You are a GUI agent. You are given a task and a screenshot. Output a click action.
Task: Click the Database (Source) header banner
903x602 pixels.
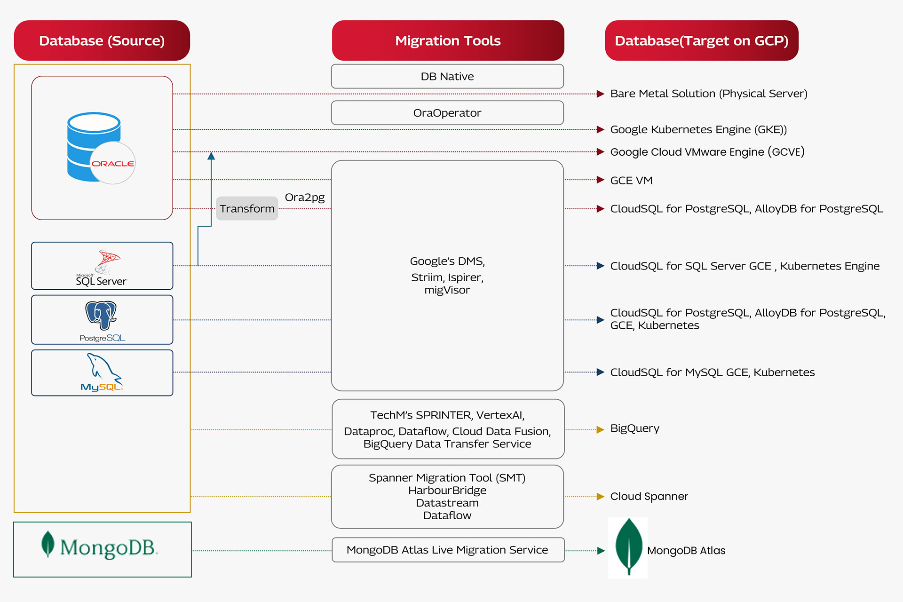pyautogui.click(x=102, y=40)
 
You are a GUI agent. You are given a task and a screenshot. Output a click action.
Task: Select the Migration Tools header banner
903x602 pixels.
pyautogui.click(x=448, y=40)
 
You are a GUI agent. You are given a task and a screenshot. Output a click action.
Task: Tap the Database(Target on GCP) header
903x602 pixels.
pyautogui.click(x=701, y=40)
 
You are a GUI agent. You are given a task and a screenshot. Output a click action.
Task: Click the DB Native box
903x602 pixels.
pyautogui.click(x=447, y=76)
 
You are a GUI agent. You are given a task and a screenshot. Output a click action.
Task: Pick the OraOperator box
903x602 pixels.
pyautogui.click(x=447, y=113)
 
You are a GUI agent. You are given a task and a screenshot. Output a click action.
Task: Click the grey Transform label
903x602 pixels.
pyautogui.click(x=247, y=208)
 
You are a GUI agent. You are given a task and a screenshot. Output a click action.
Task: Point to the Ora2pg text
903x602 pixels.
pyautogui.click(x=305, y=197)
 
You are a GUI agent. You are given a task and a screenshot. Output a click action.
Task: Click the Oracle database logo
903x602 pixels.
pyautogui.click(x=101, y=148)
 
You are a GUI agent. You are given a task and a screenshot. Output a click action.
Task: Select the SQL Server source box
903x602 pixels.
pyautogui.click(x=102, y=266)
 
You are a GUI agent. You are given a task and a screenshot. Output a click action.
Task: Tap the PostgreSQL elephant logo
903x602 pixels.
pyautogui.click(x=101, y=315)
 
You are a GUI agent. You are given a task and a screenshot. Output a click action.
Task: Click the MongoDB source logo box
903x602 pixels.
pyautogui.click(x=103, y=549)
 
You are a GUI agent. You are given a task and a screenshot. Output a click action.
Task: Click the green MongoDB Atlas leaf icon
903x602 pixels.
pyautogui.click(x=628, y=547)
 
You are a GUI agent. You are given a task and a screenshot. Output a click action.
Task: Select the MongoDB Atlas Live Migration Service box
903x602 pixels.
pyautogui.click(x=448, y=550)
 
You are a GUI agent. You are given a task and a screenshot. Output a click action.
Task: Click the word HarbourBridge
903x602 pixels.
pyautogui.click(x=447, y=490)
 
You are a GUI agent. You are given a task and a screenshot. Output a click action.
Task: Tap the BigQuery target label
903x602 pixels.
pyautogui.click(x=634, y=428)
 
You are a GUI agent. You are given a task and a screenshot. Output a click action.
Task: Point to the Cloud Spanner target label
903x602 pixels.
pyautogui.click(x=649, y=496)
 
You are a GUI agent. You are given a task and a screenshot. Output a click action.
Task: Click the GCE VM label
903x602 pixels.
pyautogui.click(x=631, y=180)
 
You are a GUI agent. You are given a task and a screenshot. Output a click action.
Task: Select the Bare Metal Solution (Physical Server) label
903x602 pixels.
pyautogui.click(x=708, y=94)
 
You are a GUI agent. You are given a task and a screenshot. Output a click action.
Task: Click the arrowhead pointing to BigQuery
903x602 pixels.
pyautogui.click(x=600, y=429)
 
